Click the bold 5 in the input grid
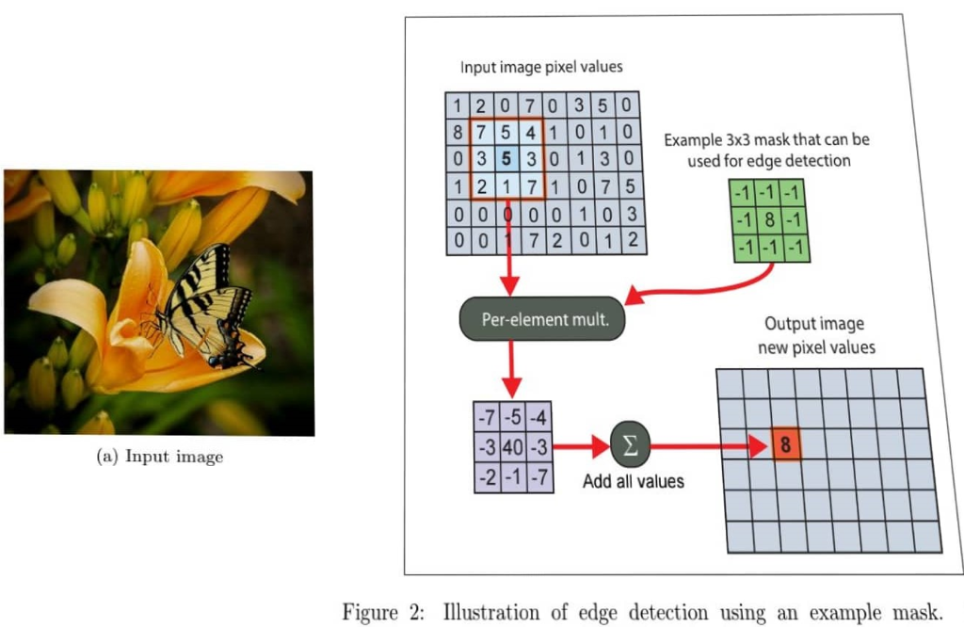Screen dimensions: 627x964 click(x=506, y=158)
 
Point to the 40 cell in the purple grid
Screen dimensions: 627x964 click(x=512, y=444)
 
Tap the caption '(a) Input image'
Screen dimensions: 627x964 click(x=161, y=457)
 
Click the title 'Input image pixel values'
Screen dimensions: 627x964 click(x=541, y=68)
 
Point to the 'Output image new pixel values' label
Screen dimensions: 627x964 click(x=813, y=335)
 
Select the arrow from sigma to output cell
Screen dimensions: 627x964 click(x=706, y=445)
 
